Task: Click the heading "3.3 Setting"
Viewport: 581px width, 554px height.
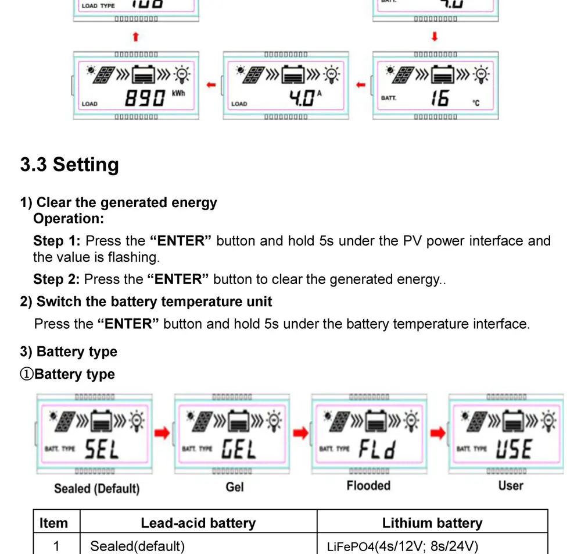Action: pyautogui.click(x=69, y=165)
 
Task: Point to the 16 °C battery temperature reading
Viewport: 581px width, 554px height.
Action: pyautogui.click(x=440, y=98)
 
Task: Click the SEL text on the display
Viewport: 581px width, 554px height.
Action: pyautogui.click(x=102, y=449)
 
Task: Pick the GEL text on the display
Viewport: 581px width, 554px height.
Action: pyautogui.click(x=239, y=449)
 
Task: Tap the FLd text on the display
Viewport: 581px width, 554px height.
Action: pyautogui.click(x=376, y=449)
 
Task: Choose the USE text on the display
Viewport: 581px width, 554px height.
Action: pyautogui.click(x=514, y=449)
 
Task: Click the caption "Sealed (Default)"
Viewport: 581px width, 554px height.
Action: pyautogui.click(x=96, y=488)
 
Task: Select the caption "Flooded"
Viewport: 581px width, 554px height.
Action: pyautogui.click(x=368, y=485)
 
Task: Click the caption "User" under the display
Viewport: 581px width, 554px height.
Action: pyautogui.click(x=511, y=485)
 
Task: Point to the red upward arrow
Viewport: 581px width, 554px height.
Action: pyautogui.click(x=136, y=37)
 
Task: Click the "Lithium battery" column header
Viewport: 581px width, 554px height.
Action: pyautogui.click(x=432, y=523)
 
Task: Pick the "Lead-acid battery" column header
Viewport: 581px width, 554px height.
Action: pyautogui.click(x=198, y=523)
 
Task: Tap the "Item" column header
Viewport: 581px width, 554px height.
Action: pyautogui.click(x=53, y=523)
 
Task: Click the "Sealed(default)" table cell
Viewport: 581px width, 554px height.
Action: pyautogui.click(x=137, y=546)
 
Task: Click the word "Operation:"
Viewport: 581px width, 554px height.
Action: pyautogui.click(x=69, y=219)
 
